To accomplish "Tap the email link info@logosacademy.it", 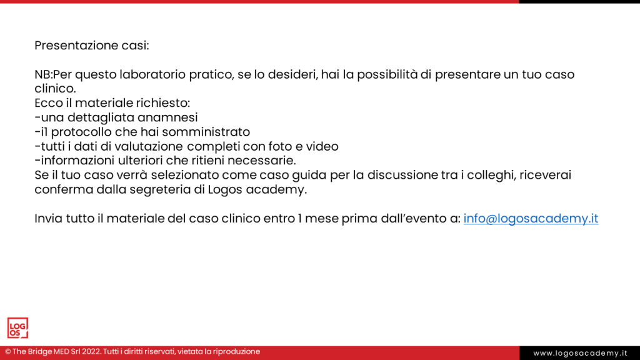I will (531, 219).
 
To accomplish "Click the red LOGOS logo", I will (17, 328).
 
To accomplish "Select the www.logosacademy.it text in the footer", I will (580, 353).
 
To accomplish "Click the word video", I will (322, 146).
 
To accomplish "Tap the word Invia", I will (49, 219).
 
